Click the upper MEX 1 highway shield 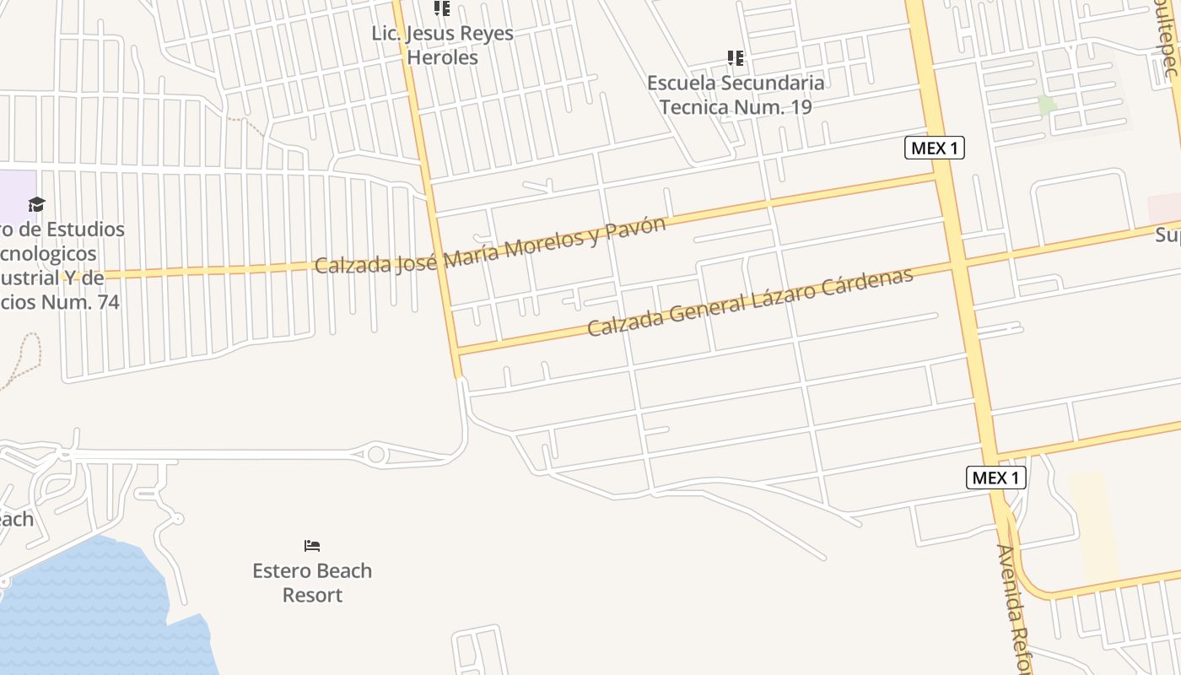point(935,148)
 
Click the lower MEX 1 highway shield point(995,478)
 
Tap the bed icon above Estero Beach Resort point(312,546)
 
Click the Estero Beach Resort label point(312,582)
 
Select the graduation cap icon point(36,204)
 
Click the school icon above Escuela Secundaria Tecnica point(736,58)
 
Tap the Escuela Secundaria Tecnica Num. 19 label point(736,94)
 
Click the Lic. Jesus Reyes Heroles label point(442,46)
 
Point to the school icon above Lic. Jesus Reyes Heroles point(442,8)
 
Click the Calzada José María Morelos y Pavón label point(489,246)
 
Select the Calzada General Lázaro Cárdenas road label point(750,302)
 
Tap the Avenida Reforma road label point(1015,607)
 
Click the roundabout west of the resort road point(376,455)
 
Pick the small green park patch point(1047,105)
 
